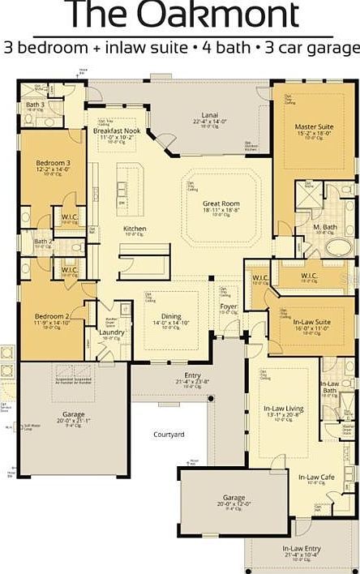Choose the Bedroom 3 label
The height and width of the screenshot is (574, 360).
coord(53,163)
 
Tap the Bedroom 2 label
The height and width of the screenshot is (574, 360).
coord(50,315)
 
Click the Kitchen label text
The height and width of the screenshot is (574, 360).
coord(135,229)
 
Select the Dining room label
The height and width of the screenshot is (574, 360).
coord(170,316)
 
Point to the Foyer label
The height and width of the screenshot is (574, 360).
coord(229,306)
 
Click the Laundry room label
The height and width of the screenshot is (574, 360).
coord(111,332)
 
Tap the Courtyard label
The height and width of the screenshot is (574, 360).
coord(169,435)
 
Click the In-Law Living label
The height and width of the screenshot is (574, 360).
coord(284,409)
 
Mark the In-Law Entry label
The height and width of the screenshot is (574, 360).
coord(300,549)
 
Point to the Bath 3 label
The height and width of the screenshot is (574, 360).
coord(35,105)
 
